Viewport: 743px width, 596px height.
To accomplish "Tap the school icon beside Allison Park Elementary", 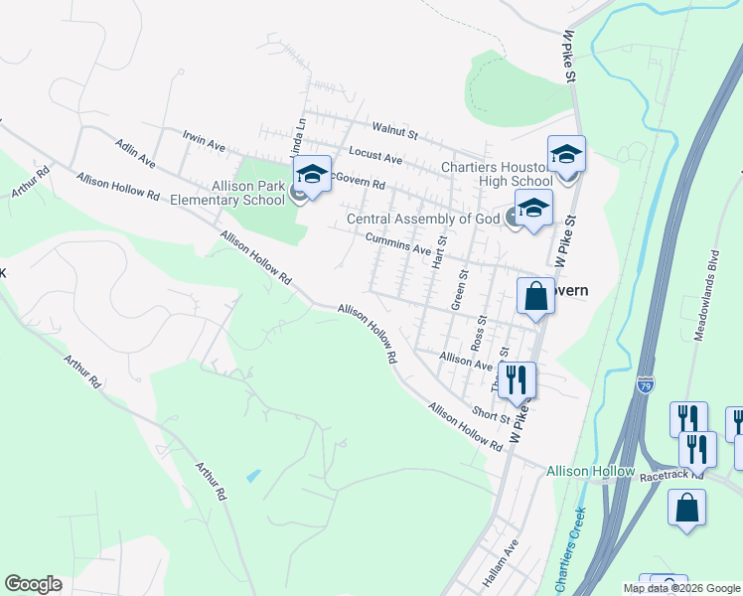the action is pyautogui.click(x=312, y=176).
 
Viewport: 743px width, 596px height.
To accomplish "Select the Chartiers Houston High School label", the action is pyautogui.click(x=497, y=175).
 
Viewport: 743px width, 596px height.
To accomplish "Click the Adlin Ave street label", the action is pyautogui.click(x=135, y=152).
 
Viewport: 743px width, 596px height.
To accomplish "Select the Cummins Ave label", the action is pyautogui.click(x=397, y=242).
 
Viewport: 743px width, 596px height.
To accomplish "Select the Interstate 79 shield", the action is pyautogui.click(x=646, y=387).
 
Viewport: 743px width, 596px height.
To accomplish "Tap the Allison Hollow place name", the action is pyautogui.click(x=590, y=470).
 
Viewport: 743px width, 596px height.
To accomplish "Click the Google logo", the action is pyautogui.click(x=34, y=584).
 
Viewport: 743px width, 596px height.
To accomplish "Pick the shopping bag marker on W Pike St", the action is pyautogui.click(x=535, y=296).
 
